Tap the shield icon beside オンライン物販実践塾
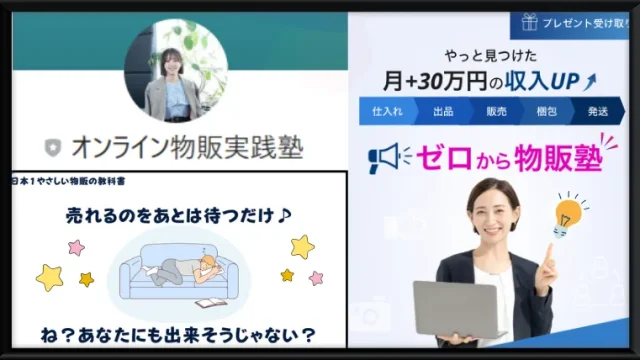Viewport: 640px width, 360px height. coord(52,148)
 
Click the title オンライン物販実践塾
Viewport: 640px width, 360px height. coord(186,148)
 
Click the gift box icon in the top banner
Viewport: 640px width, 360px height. coord(526,19)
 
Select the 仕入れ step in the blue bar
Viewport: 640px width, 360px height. coord(385,112)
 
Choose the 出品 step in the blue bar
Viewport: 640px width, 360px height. coord(442,112)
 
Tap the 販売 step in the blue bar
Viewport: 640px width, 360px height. coord(497,112)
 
